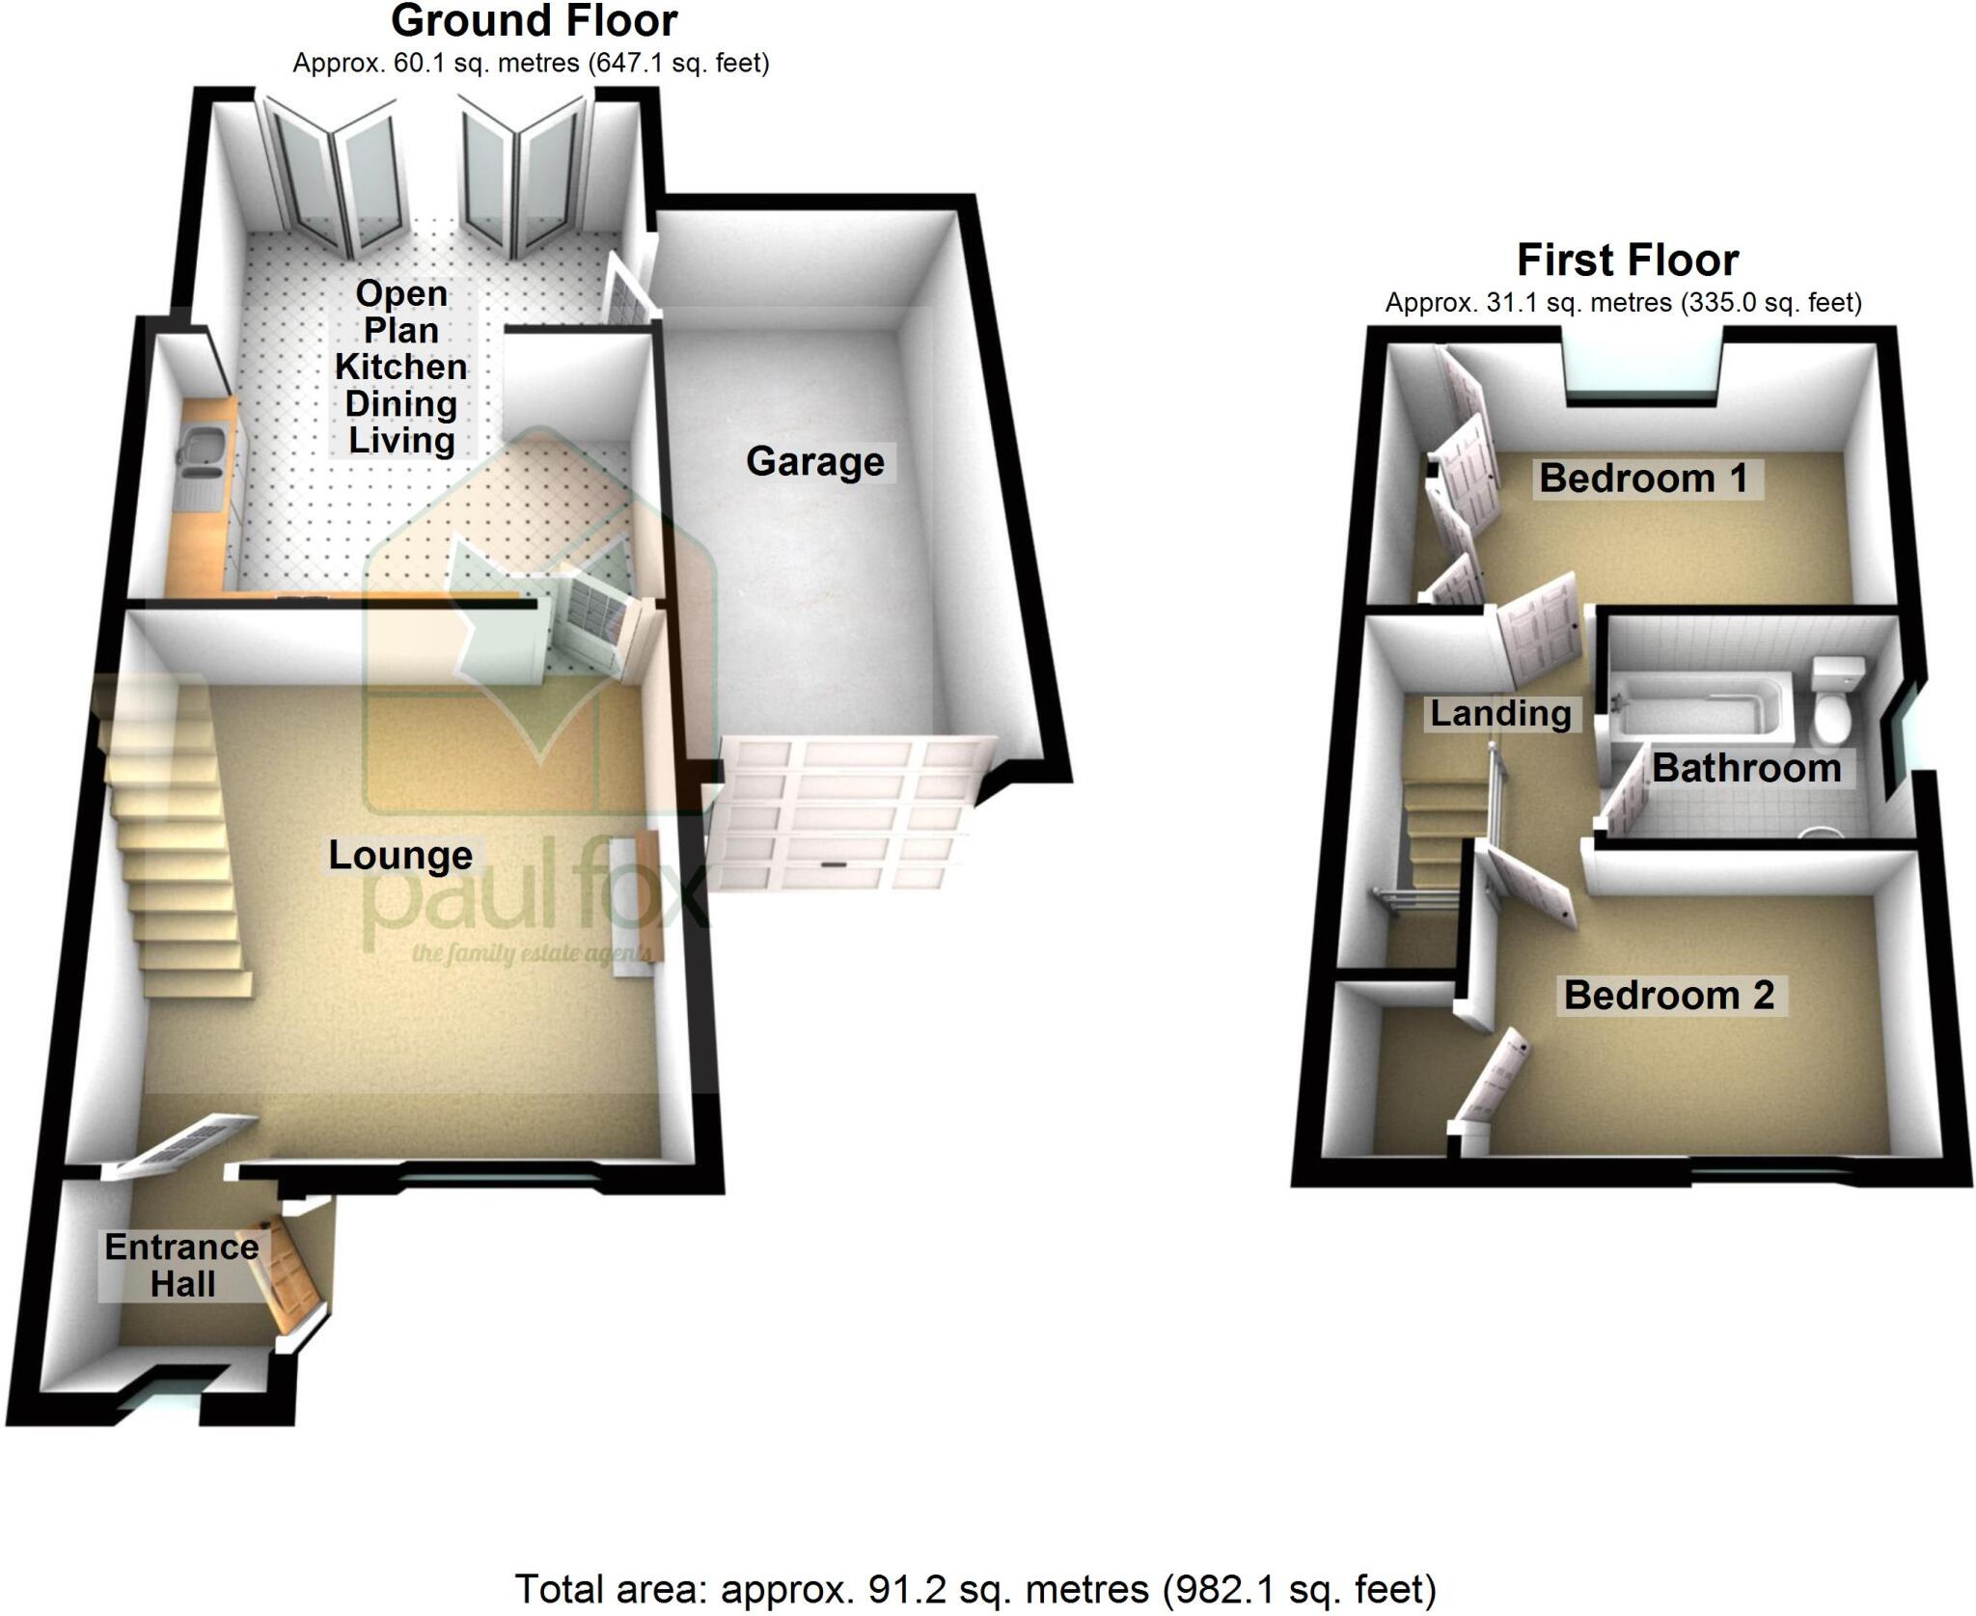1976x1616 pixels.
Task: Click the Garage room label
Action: pos(814,461)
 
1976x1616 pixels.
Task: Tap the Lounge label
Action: pos(400,856)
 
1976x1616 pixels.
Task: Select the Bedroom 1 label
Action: pos(1643,479)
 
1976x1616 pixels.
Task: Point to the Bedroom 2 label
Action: pos(1669,995)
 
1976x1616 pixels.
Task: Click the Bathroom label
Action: pos(1746,768)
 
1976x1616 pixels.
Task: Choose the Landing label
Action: pos(1500,713)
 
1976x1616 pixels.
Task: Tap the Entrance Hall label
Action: pos(181,1265)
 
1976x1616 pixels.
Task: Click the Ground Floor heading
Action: pos(534,21)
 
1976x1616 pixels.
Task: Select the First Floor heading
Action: pos(1628,260)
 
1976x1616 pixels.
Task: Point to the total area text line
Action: pos(975,1589)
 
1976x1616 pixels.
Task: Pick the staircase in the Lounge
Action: pos(174,830)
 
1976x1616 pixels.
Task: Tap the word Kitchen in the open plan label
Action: pos(400,367)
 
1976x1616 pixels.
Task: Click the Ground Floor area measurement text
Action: pos(531,64)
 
